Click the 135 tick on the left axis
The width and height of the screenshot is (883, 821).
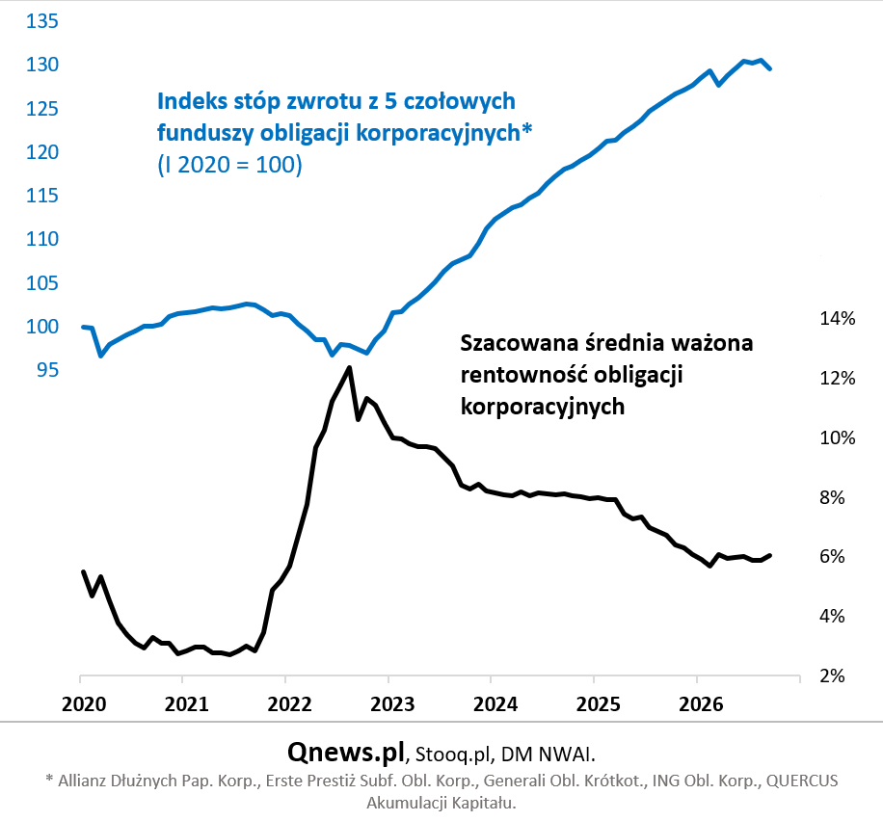42,21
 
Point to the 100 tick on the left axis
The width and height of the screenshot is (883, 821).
42,326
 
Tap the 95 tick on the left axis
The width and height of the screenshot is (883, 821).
47,369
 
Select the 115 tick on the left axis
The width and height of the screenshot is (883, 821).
42,196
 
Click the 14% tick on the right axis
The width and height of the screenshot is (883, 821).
838,318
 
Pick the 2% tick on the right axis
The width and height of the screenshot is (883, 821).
832,675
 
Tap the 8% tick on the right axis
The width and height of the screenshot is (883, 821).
832,497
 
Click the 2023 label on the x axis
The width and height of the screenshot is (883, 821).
392,703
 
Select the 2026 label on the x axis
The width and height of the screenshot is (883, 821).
701,703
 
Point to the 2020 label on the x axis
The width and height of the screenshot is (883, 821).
84,703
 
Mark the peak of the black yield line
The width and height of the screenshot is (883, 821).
350,368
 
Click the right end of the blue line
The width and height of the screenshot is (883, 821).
770,68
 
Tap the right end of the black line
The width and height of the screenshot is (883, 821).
770,556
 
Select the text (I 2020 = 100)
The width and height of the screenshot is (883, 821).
229,165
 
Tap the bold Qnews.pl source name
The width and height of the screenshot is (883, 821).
346,752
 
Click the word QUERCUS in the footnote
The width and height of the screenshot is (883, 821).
802,781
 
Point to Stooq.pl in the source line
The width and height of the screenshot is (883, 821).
454,755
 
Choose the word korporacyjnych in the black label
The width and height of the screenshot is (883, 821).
543,407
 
